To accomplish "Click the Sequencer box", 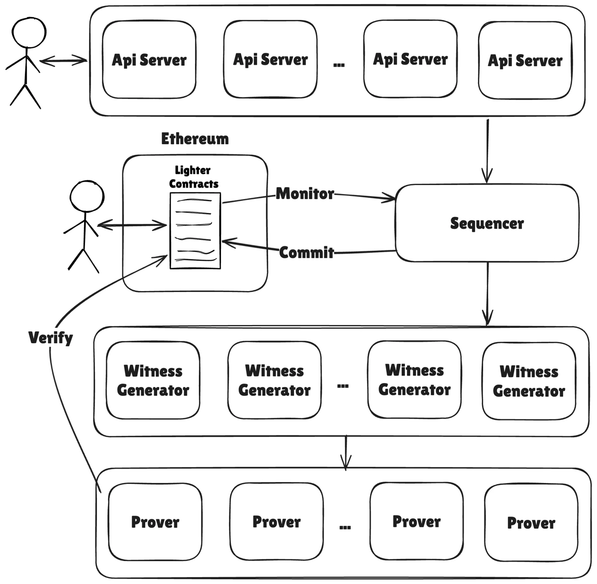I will (x=487, y=223).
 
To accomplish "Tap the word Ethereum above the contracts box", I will (x=195, y=139).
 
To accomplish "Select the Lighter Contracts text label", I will (x=193, y=177).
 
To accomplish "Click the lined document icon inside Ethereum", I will (x=195, y=231).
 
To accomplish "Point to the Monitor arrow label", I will (x=305, y=194).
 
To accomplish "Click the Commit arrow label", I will (x=306, y=253).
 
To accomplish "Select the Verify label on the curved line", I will (x=50, y=338).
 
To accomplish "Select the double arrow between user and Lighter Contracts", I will (x=132, y=226).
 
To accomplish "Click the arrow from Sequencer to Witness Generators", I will (x=488, y=293).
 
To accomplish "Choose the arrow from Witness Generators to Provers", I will (x=346, y=452).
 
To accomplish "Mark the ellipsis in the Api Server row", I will (x=339, y=64).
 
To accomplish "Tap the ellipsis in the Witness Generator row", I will (x=343, y=386).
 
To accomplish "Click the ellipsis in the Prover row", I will (x=345, y=527).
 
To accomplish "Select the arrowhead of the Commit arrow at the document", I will (x=227, y=242).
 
